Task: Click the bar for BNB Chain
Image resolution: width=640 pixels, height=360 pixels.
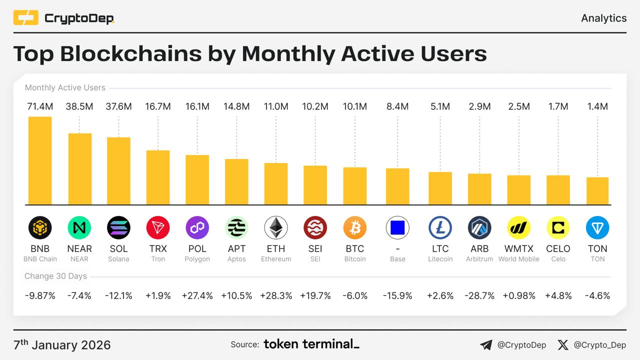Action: click(x=40, y=160)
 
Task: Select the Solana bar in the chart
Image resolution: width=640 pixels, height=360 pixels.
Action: click(x=118, y=171)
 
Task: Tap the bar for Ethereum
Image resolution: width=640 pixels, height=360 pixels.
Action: click(x=276, y=183)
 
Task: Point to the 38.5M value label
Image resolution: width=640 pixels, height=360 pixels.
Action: click(x=79, y=106)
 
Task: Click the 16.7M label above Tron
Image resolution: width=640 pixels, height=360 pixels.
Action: click(x=158, y=106)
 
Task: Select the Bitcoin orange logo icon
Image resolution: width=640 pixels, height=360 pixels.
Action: click(x=355, y=228)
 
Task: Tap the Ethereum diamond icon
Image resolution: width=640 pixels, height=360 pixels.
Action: click(x=276, y=228)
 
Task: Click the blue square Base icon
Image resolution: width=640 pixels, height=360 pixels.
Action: click(x=397, y=228)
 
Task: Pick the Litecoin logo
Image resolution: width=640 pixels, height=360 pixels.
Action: click(x=440, y=228)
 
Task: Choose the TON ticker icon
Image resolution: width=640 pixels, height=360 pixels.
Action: click(x=597, y=228)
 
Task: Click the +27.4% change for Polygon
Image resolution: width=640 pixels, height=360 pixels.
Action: click(x=197, y=295)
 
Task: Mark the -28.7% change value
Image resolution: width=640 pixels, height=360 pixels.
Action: click(x=479, y=295)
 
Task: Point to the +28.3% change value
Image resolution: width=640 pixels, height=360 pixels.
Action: click(x=276, y=295)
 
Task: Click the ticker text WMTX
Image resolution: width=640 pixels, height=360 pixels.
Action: click(x=519, y=248)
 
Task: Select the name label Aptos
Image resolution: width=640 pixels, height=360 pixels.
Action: click(x=236, y=259)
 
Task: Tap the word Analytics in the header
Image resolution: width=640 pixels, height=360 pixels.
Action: click(x=603, y=18)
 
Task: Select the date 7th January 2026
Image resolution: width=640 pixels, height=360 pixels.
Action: click(x=62, y=345)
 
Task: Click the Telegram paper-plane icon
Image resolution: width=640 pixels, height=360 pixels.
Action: click(x=485, y=344)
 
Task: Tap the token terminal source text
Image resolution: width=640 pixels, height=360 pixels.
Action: click(x=311, y=344)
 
